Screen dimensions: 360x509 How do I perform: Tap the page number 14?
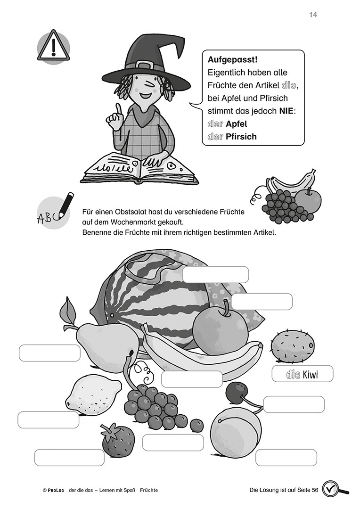click(x=313, y=15)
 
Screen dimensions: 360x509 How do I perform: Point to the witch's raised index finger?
click(x=119, y=110)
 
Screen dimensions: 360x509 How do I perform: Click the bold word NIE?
click(x=286, y=111)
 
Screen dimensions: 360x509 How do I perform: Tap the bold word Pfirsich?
click(x=241, y=137)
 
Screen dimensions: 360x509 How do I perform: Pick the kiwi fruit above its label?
click(x=293, y=346)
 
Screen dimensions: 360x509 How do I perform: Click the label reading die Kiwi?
click(x=302, y=374)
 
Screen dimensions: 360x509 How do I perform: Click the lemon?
click(x=93, y=395)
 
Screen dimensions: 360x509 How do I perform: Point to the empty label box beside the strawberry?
click(x=69, y=458)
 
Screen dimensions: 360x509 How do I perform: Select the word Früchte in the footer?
click(x=149, y=490)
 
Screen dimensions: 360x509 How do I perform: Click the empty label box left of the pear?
click(x=49, y=353)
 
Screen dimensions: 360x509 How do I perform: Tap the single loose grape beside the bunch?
click(x=196, y=426)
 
